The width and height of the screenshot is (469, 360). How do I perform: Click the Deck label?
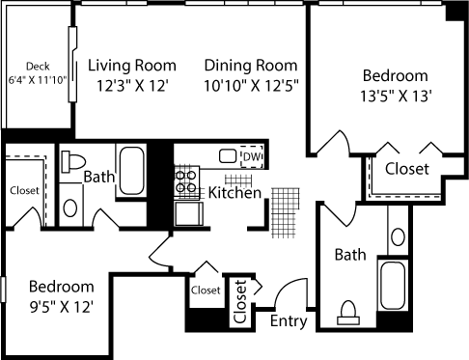(38, 66)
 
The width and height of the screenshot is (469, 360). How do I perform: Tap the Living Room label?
(132, 66)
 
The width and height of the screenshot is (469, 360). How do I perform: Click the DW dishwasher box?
(251, 156)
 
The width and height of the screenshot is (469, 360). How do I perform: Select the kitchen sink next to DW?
(227, 156)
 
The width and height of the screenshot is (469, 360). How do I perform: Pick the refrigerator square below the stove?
(185, 212)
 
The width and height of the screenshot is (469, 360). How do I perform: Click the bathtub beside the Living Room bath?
(131, 171)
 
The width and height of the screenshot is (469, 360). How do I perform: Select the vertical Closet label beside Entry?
(240, 301)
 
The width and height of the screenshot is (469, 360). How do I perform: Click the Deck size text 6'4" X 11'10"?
(39, 80)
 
